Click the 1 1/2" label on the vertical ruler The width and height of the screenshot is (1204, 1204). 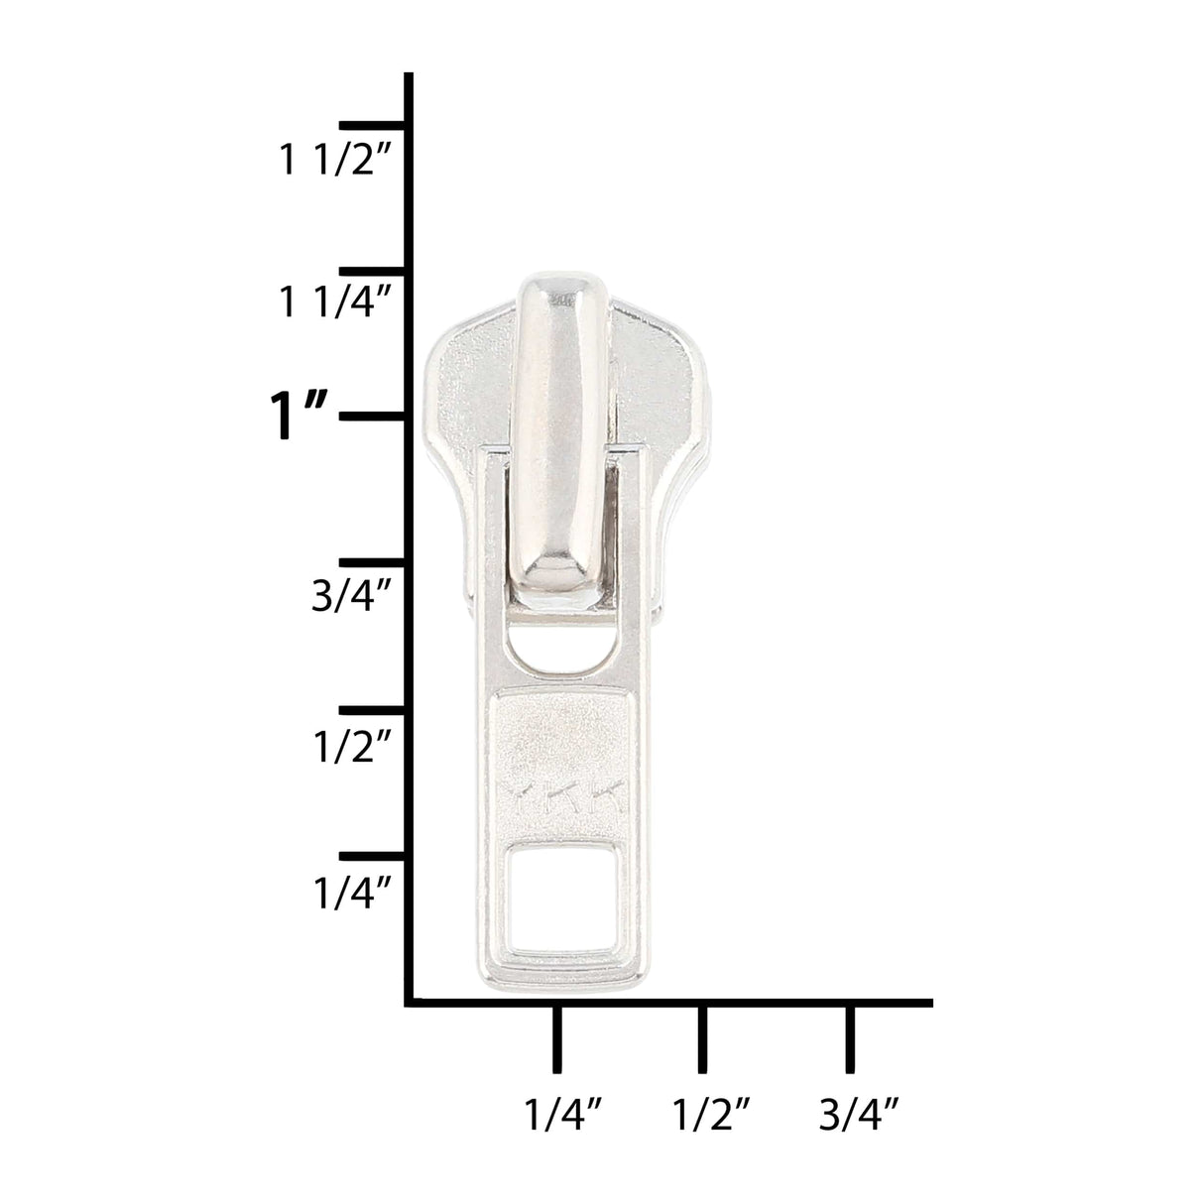[331, 161]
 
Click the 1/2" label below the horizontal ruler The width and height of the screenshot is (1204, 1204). [708, 1117]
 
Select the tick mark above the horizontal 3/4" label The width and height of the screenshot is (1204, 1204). [849, 1039]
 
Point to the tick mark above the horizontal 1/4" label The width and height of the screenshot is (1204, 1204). [556, 1039]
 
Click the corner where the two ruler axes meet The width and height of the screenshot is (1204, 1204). [410, 1003]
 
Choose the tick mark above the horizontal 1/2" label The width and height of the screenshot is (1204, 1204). [702, 1039]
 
